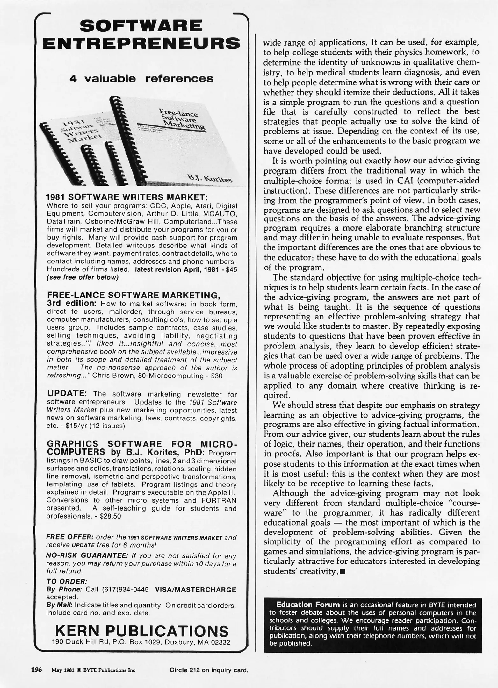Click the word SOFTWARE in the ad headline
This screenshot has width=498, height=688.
click(141, 26)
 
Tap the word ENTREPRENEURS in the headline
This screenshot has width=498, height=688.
click(141, 43)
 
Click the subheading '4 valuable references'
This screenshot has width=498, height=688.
click(141, 79)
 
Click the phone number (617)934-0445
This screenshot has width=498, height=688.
click(125, 590)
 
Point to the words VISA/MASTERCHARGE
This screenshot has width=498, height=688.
click(195, 590)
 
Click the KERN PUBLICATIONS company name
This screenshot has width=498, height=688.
click(142, 631)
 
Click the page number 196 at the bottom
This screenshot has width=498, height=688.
click(36, 670)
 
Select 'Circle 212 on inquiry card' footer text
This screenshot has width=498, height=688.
click(209, 670)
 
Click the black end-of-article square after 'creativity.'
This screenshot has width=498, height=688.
click(343, 571)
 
